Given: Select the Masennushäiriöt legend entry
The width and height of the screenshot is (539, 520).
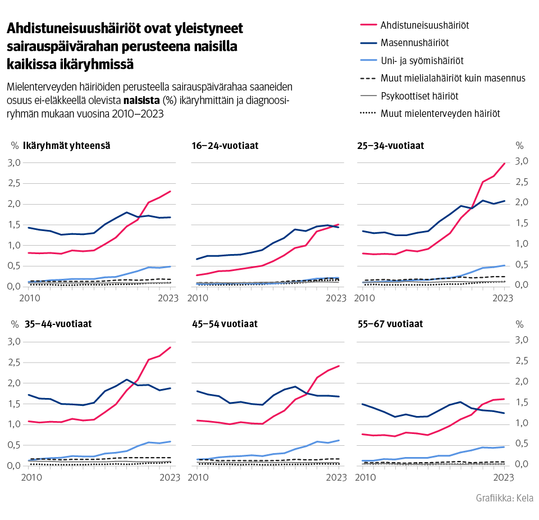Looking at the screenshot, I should [414, 42].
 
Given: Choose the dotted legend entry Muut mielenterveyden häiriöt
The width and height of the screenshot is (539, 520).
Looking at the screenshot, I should [440, 113].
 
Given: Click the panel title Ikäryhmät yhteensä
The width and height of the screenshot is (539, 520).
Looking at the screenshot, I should [66, 146].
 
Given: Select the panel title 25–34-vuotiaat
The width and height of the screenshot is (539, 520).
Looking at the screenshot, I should [391, 146].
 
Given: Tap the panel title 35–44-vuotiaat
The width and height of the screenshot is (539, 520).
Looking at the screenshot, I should [58, 324].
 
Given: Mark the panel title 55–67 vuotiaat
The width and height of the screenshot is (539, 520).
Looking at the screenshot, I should [390, 324].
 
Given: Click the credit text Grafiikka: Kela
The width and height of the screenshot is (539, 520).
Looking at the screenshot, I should [504, 498].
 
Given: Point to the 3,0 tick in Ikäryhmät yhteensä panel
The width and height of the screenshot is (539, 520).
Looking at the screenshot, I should [13, 163].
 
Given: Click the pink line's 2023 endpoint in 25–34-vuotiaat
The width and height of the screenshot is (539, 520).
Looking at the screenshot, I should [505, 163].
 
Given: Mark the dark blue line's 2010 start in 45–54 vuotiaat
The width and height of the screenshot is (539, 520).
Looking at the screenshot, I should [197, 391].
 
